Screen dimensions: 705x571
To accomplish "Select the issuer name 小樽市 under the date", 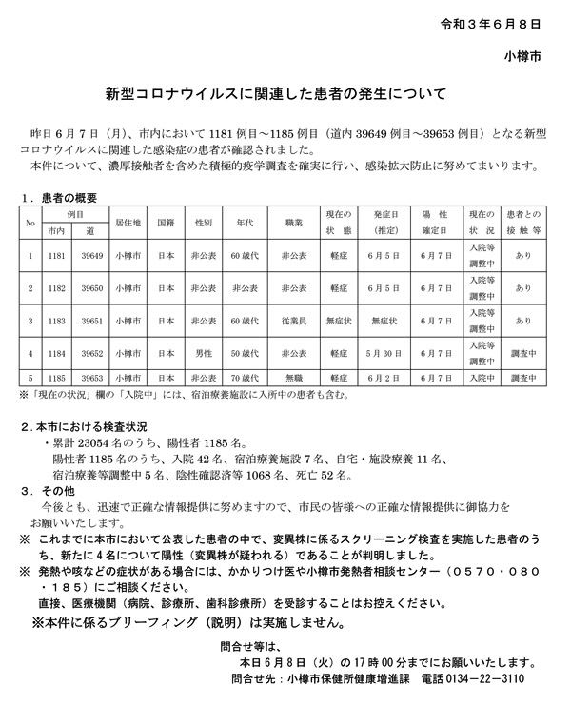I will coord(523,56).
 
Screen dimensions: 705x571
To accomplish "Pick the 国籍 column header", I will coord(165,222).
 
